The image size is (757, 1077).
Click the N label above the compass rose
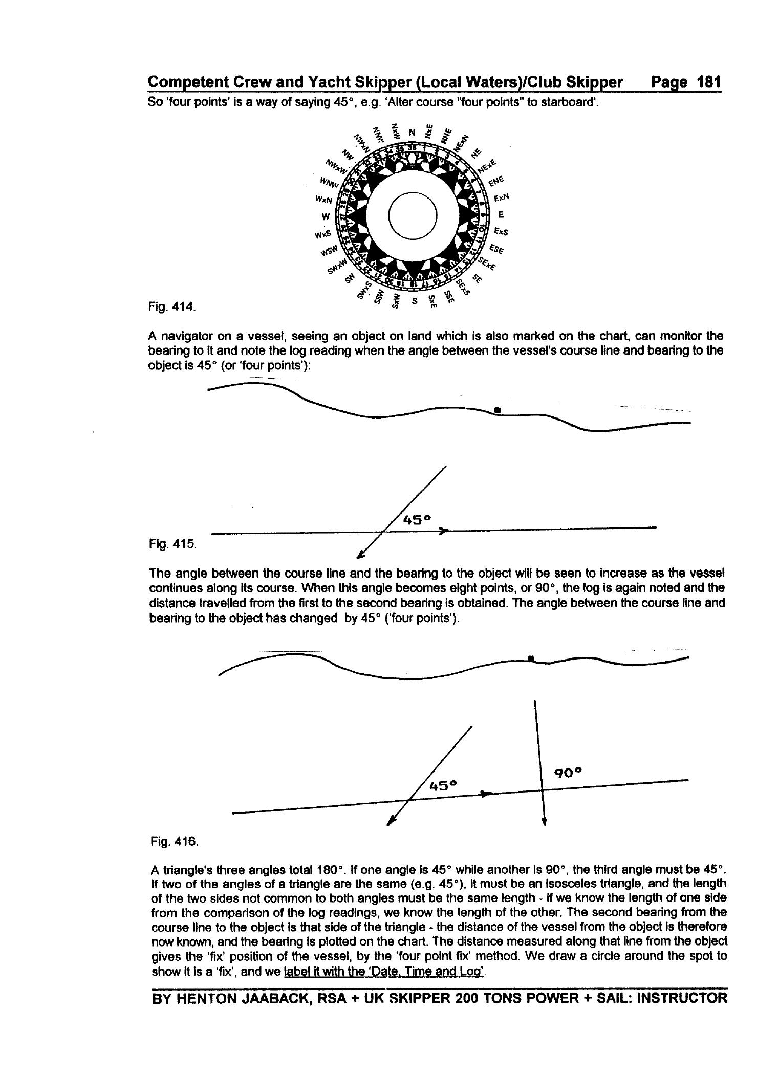412,133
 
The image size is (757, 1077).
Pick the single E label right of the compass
501,215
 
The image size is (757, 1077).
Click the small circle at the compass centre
413,215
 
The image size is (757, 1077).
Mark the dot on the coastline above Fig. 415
498,410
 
